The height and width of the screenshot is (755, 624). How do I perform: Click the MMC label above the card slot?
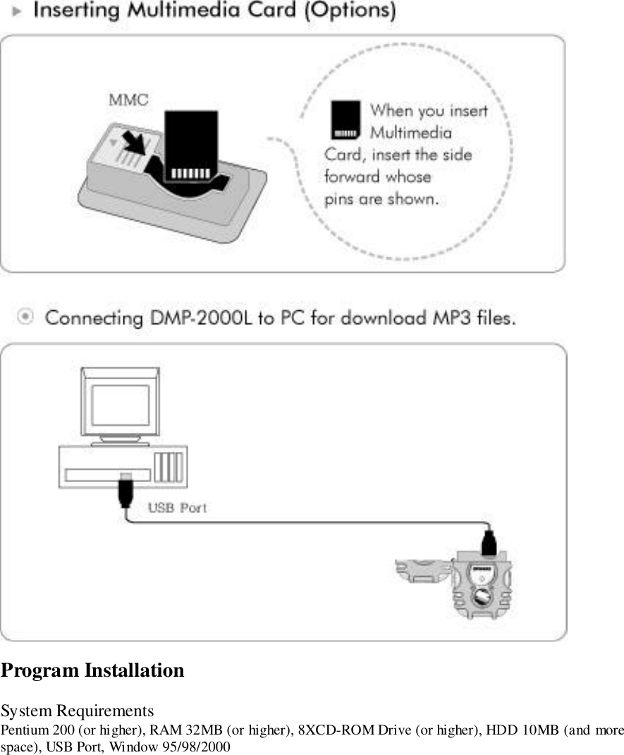(128, 99)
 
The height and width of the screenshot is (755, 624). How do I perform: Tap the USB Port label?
(177, 508)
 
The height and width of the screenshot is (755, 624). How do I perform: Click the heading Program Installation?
(92, 670)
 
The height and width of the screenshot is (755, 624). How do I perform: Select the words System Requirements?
(77, 709)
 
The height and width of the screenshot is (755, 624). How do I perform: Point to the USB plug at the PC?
(125, 491)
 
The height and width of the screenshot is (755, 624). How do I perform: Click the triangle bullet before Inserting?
(21, 12)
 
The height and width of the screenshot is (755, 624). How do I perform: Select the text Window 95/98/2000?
(174, 745)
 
